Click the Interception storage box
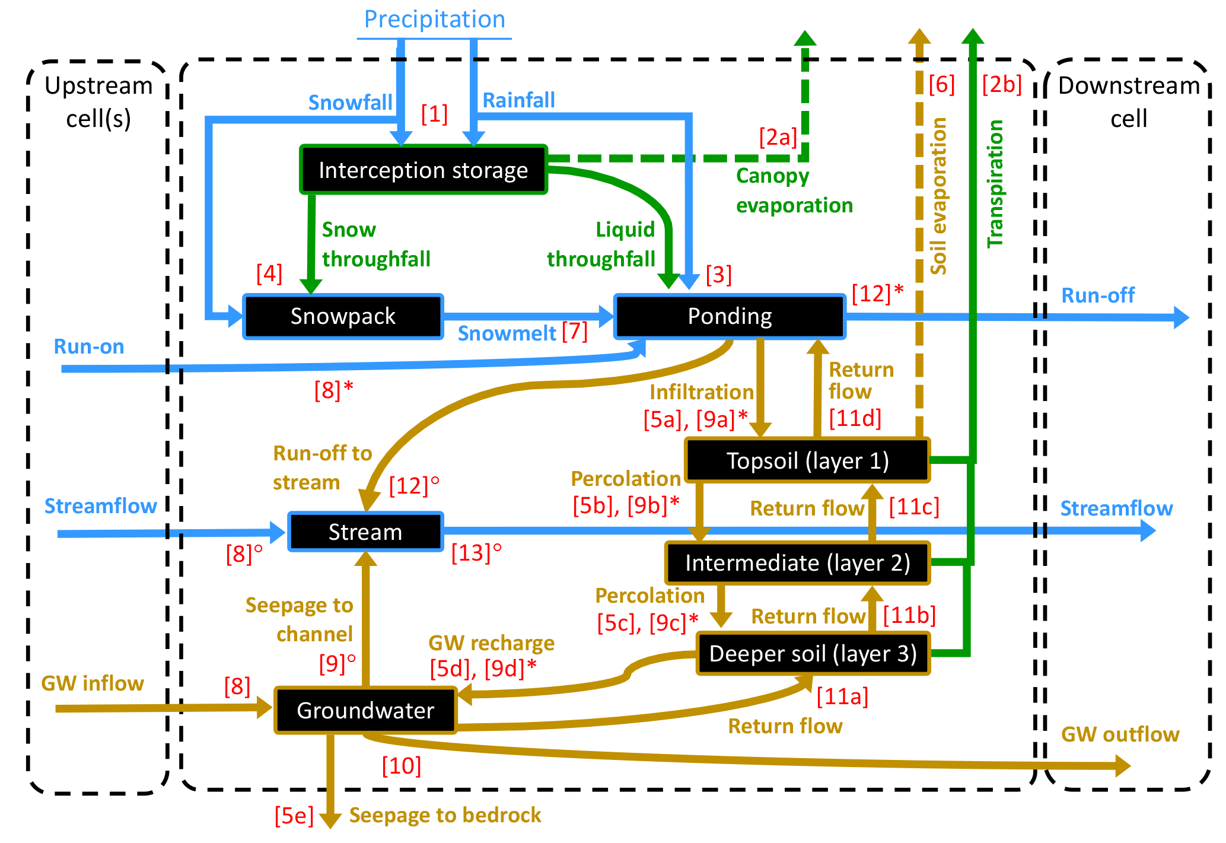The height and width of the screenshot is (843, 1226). (x=423, y=170)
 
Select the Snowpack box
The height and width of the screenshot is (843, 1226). (x=343, y=316)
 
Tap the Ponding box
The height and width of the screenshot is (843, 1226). (x=730, y=316)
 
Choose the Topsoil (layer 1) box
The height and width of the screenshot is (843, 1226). (x=807, y=461)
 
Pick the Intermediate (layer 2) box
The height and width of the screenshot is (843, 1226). (x=797, y=562)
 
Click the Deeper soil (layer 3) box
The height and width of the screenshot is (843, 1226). (x=813, y=653)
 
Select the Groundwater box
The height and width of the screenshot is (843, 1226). (x=365, y=710)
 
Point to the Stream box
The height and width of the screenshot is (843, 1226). (x=365, y=532)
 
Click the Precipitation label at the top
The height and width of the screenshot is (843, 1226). (x=434, y=20)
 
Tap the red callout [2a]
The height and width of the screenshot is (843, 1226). (x=778, y=138)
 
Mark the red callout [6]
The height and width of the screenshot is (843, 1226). (x=941, y=84)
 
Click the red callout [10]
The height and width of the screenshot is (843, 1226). (x=402, y=766)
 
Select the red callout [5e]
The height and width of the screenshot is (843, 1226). (x=294, y=816)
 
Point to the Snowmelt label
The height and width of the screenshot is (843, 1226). (x=507, y=333)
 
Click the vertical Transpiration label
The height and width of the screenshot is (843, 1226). (x=995, y=184)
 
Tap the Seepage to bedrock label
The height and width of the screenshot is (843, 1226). (x=445, y=815)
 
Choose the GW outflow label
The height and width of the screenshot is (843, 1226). (x=1120, y=734)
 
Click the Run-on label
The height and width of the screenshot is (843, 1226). (x=89, y=346)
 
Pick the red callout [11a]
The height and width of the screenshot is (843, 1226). (x=842, y=696)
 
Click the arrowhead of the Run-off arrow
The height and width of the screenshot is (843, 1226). (x=1181, y=317)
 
